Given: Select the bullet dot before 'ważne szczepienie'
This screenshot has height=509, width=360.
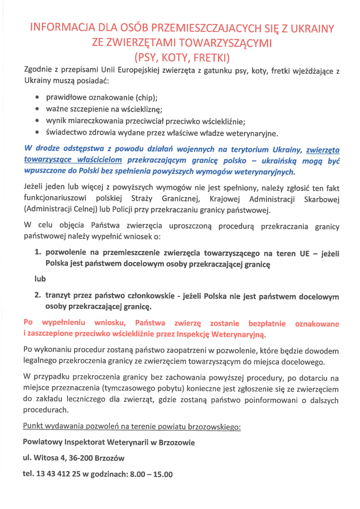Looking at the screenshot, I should point(39,109).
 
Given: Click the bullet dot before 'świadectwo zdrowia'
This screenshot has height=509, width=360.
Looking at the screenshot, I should point(39,133).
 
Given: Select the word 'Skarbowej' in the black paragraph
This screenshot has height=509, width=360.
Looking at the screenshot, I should point(321,199).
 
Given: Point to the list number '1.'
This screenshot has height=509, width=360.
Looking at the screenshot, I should point(38,253).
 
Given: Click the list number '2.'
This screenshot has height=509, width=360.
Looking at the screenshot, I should point(38,296).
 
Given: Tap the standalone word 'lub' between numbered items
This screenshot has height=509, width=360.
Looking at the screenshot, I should point(40,279).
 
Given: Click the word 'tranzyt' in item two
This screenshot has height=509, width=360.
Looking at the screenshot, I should point(59,296).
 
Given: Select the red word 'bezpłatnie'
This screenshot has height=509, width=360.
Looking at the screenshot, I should point(267,324).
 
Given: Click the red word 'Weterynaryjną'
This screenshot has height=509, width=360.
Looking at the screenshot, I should point(238,335).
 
